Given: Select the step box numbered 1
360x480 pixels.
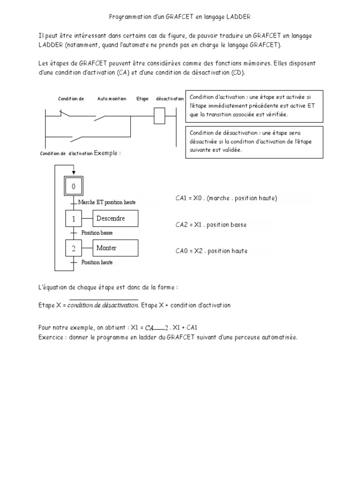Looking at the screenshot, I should [x=73, y=219].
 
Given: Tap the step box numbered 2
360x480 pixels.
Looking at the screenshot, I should [x=73, y=248].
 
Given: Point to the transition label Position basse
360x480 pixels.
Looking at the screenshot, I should [x=97, y=232].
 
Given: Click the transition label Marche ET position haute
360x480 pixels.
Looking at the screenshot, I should [x=107, y=202].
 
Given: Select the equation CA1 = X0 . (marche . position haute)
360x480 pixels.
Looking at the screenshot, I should [x=226, y=198].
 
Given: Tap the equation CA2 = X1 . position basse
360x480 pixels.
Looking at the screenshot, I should [x=211, y=225].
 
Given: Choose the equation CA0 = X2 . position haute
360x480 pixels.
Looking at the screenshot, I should [x=211, y=251].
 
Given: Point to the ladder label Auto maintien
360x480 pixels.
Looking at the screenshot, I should [x=112, y=99].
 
